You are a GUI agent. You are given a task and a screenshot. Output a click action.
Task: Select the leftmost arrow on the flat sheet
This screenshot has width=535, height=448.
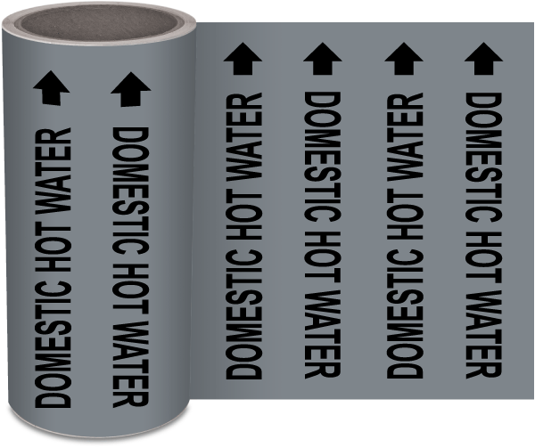[242, 60]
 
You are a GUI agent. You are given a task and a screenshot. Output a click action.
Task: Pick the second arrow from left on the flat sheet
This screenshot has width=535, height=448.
[322, 60]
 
